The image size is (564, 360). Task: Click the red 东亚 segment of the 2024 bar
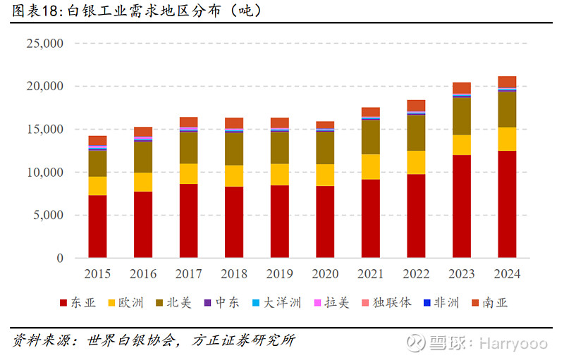(x=507, y=204)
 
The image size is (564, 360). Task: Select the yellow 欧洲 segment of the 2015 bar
(x=97, y=186)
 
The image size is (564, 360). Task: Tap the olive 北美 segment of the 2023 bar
(x=462, y=116)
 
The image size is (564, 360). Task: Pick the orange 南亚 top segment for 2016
(x=143, y=132)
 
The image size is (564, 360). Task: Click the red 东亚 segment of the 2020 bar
(x=325, y=222)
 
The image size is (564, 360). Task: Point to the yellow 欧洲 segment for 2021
(x=371, y=167)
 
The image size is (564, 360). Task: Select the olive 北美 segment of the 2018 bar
(x=234, y=149)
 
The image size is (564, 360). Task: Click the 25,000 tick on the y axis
(x=44, y=44)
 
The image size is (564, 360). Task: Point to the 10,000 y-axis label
(x=44, y=173)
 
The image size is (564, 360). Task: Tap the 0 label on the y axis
(x=60, y=259)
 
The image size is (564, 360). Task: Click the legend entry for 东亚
(x=76, y=303)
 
